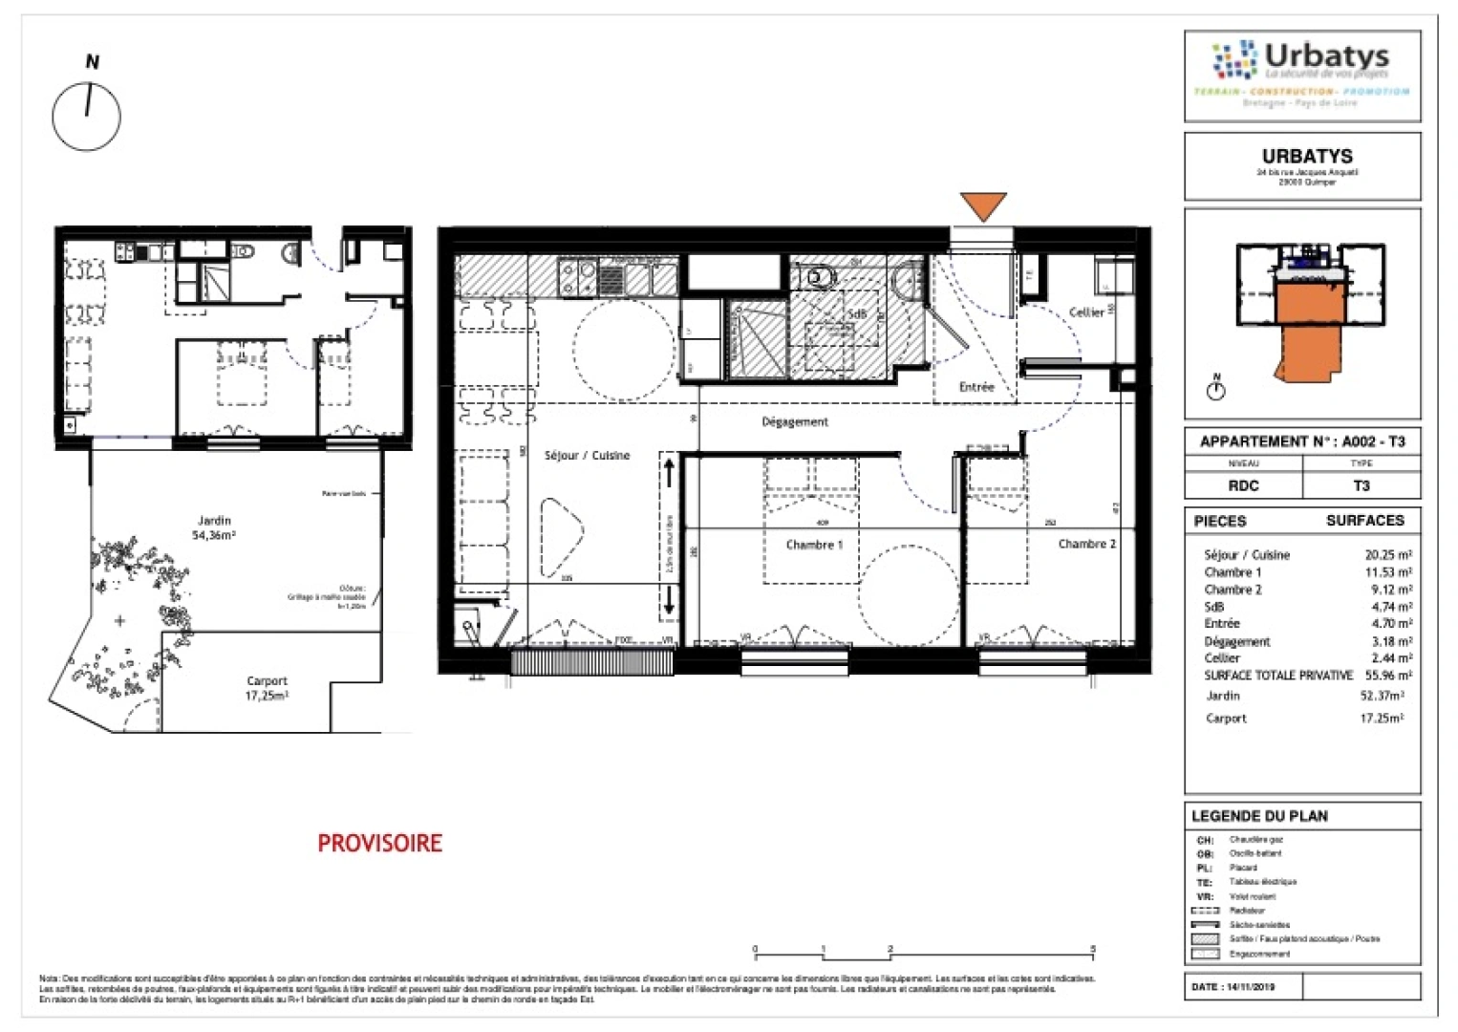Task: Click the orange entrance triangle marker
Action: point(983,205)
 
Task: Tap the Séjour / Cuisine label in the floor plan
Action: point(587,456)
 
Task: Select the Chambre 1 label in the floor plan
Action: point(814,545)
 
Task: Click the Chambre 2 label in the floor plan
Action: point(1086,544)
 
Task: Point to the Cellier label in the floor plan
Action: point(1086,312)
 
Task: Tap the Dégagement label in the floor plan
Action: point(795,421)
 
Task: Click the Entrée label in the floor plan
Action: point(976,387)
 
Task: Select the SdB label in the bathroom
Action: point(856,313)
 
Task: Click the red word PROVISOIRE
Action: point(379,843)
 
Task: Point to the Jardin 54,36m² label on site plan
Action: point(214,528)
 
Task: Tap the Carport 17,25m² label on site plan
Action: point(267,688)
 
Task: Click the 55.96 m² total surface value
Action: point(1388,675)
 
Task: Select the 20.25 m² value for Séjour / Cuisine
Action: point(1388,554)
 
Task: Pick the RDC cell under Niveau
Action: point(1243,485)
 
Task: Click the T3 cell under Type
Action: point(1362,485)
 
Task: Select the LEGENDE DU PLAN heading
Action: point(1259,816)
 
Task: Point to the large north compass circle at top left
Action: point(87,117)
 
